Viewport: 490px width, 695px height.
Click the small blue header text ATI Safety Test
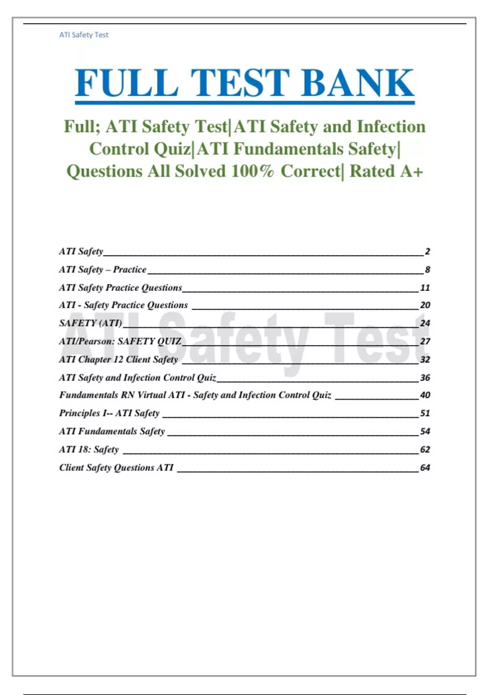(x=84, y=35)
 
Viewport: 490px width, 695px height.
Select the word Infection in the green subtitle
(x=391, y=127)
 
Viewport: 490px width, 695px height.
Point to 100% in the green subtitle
(x=252, y=171)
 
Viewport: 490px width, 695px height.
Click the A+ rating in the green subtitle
(x=411, y=171)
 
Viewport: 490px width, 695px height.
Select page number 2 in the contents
(x=427, y=251)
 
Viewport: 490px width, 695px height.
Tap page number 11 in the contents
(x=425, y=288)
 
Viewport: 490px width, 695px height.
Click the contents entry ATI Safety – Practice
(x=102, y=270)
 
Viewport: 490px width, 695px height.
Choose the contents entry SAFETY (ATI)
(x=91, y=323)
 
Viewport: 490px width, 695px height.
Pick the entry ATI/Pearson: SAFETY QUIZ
(x=120, y=341)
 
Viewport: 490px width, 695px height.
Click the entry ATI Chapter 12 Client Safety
(x=118, y=359)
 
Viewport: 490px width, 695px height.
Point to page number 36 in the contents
(x=425, y=378)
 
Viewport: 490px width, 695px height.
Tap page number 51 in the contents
(x=425, y=413)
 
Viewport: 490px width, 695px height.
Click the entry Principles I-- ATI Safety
(x=109, y=413)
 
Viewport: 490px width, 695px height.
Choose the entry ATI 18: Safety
(x=89, y=450)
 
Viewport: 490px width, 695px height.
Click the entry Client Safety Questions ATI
(x=116, y=468)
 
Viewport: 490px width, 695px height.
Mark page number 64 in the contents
(x=425, y=468)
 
